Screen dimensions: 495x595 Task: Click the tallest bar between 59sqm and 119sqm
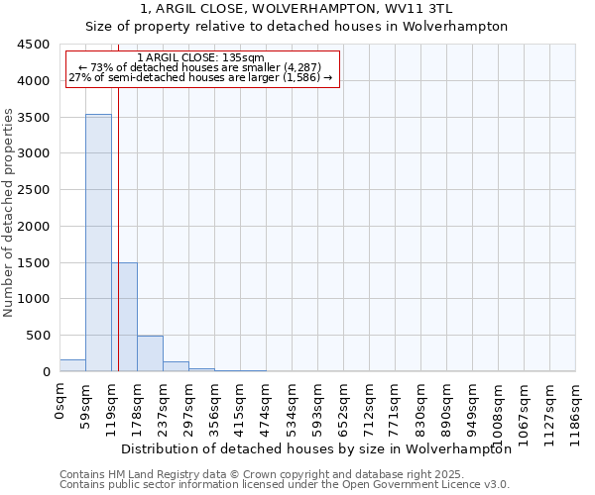pos(98,243)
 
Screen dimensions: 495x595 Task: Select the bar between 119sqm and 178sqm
pos(124,317)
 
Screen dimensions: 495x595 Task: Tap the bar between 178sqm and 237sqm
pos(150,353)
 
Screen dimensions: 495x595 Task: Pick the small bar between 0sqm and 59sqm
pos(72,365)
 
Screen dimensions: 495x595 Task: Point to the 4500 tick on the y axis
pos(34,45)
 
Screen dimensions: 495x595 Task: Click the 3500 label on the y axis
pos(34,118)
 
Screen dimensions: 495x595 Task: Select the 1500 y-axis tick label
pos(34,263)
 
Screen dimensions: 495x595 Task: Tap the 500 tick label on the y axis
pos(38,336)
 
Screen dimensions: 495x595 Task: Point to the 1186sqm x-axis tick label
pos(575,409)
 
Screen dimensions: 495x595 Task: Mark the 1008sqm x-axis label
pos(498,409)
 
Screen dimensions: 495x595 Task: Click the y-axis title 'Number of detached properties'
pos(9,213)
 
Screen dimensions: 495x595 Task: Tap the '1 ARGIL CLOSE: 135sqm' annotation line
pos(200,58)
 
